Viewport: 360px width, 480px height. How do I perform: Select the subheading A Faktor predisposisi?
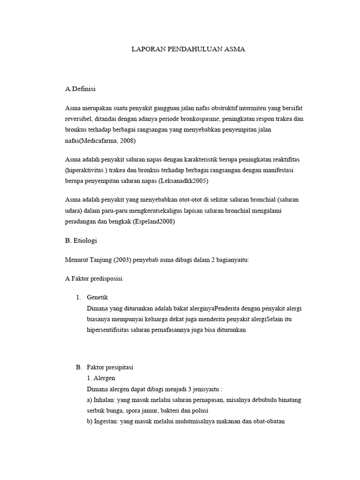[x=94, y=278]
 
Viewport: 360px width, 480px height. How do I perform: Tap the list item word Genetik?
[x=97, y=298]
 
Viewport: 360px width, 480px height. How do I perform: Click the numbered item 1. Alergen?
[x=101, y=378]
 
